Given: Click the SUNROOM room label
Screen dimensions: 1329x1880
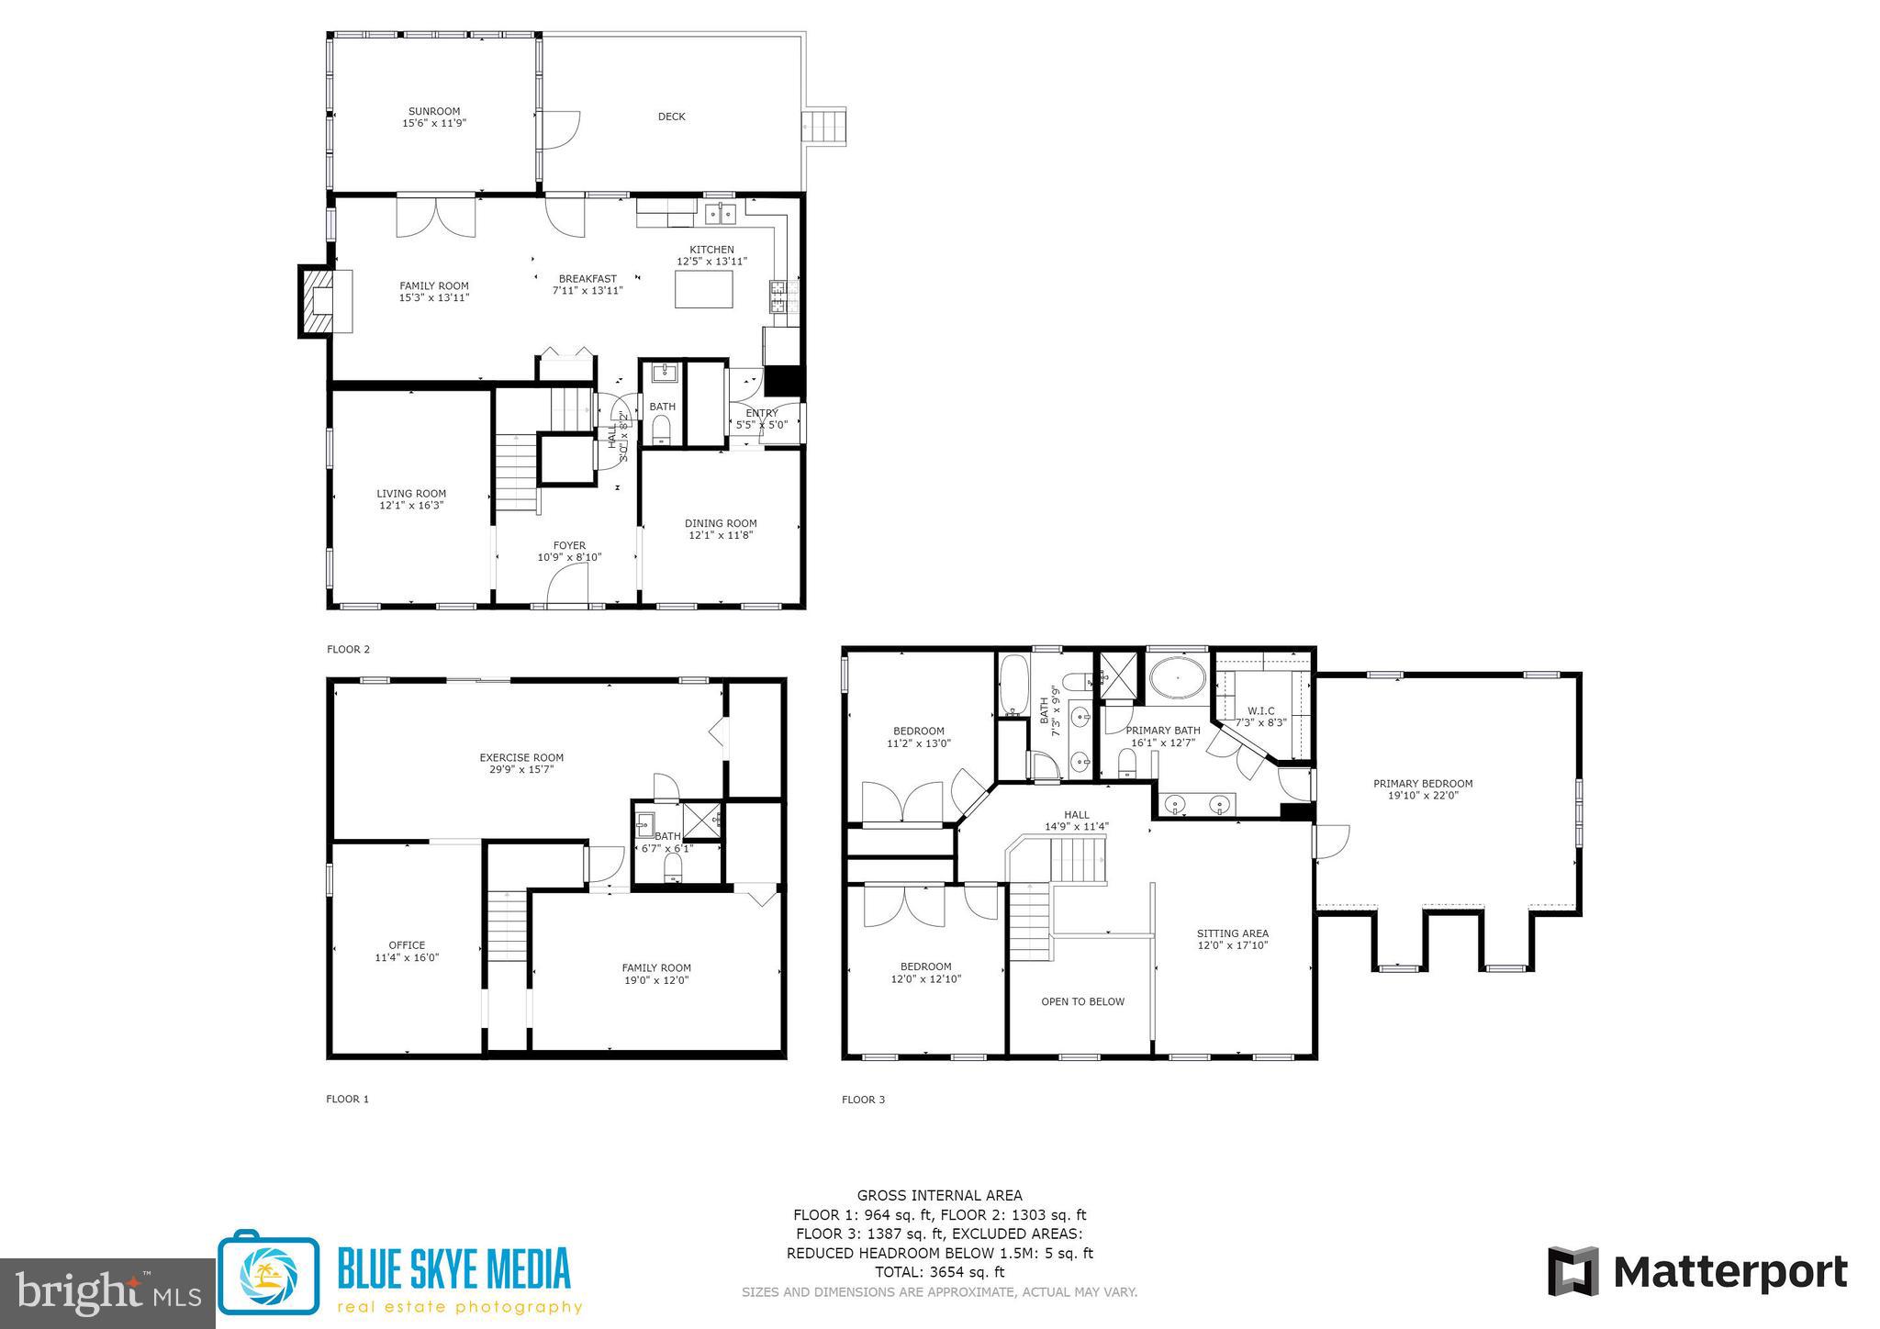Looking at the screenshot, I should pyautogui.click(x=434, y=112).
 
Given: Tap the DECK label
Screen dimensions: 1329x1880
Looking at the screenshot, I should pyautogui.click(x=671, y=117).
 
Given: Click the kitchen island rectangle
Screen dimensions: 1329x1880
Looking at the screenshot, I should pyautogui.click(x=704, y=290).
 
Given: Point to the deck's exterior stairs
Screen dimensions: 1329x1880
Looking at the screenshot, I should pyautogui.click(x=824, y=126).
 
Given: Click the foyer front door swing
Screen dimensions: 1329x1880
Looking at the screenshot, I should pyautogui.click(x=567, y=585).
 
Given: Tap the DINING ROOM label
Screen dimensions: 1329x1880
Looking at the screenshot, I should pyautogui.click(x=721, y=523).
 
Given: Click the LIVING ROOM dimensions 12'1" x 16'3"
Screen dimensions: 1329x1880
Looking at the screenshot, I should pyautogui.click(x=411, y=506).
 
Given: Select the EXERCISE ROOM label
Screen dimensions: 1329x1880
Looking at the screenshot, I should pyautogui.click(x=521, y=757).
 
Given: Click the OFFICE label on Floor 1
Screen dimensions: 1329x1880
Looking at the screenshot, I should pyautogui.click(x=407, y=944).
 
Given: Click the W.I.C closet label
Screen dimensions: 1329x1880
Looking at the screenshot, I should pyautogui.click(x=1260, y=710).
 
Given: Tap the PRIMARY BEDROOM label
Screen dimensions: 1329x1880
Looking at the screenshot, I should pyautogui.click(x=1423, y=783).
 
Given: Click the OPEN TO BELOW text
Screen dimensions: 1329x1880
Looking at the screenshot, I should pyautogui.click(x=1082, y=1001).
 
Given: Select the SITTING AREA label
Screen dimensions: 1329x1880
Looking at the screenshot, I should pyautogui.click(x=1232, y=933).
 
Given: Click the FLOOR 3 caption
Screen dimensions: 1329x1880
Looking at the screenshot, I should pyautogui.click(x=863, y=1100).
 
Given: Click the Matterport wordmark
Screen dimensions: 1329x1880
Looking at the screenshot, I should pyautogui.click(x=1729, y=1272).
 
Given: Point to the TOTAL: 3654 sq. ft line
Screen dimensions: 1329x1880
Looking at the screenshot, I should pyautogui.click(x=939, y=1272).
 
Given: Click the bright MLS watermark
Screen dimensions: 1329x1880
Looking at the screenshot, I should pyautogui.click(x=107, y=1292).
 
